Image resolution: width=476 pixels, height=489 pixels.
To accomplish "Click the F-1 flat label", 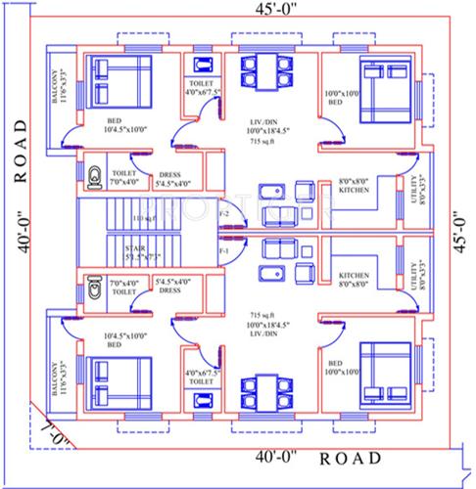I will point(224,249).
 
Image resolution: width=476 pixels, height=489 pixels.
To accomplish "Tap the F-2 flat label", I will point(224,212).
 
